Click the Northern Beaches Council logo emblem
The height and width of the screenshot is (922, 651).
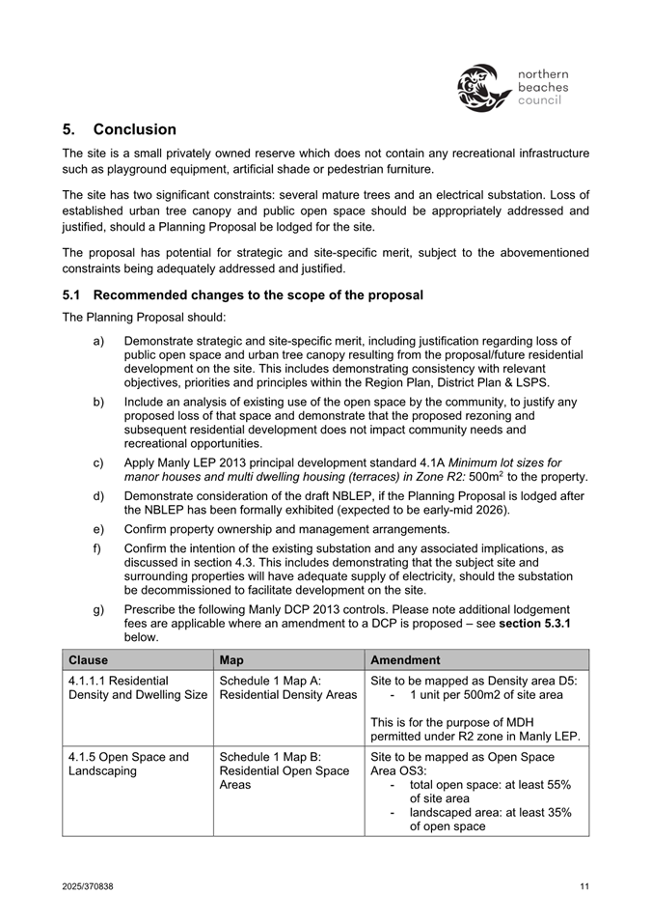[x=482, y=87]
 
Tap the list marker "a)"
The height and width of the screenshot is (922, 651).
[x=99, y=341]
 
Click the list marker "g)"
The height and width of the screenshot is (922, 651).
[x=99, y=609]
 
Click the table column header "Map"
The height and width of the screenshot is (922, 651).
[x=231, y=660]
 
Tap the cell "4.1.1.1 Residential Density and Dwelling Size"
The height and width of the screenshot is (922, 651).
[x=130, y=687]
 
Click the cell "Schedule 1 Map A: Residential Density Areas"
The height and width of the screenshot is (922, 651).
[x=287, y=687]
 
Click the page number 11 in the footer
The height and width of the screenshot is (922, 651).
[x=584, y=886]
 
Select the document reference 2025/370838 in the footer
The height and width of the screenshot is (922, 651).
[x=88, y=886]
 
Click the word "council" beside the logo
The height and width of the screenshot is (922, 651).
[x=540, y=100]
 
